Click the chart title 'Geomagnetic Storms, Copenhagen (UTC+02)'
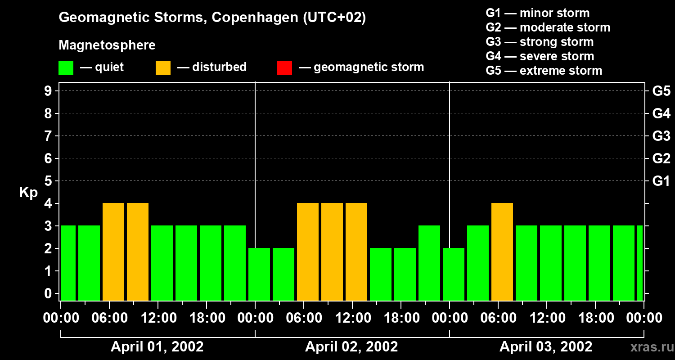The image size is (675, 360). [212, 18]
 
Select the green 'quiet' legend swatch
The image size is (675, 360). [66, 68]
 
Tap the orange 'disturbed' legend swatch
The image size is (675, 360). [163, 68]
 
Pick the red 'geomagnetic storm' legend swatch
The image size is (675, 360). [284, 68]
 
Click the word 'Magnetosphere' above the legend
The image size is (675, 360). [107, 45]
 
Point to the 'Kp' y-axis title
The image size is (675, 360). [28, 193]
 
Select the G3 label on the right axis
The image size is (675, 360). [661, 136]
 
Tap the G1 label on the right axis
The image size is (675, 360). [661, 181]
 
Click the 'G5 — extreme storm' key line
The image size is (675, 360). [544, 71]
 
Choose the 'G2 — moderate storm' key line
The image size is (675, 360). [548, 27]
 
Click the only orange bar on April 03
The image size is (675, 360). [502, 252]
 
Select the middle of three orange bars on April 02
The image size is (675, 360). [332, 252]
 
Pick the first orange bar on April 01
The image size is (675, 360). [113, 252]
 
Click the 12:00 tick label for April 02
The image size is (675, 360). [352, 318]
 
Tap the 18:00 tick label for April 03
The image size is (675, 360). [595, 318]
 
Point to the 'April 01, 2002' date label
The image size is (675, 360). [157, 347]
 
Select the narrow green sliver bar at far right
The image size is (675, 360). [640, 263]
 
